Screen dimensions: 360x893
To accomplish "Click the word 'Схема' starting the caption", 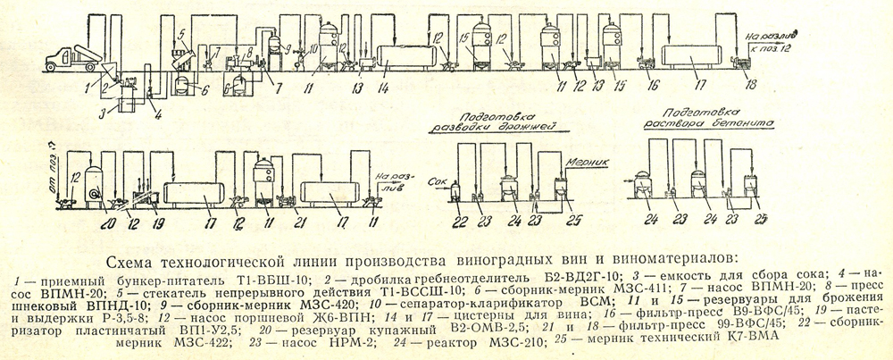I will tap(130, 263).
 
